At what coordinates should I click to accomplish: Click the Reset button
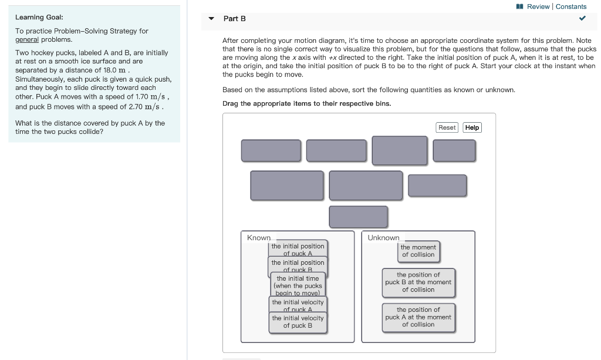447,127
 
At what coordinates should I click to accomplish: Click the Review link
538,6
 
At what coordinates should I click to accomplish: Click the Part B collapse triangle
211,19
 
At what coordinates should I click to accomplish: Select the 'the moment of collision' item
418,251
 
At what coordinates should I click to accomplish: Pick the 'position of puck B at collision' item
418,282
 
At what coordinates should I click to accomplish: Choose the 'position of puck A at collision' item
418,317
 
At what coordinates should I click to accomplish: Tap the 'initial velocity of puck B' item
298,322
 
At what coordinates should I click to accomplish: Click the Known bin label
259,238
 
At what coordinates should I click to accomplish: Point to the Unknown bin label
383,238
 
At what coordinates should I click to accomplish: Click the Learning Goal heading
39,18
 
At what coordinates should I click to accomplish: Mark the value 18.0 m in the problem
114,70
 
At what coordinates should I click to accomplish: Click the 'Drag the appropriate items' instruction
306,103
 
